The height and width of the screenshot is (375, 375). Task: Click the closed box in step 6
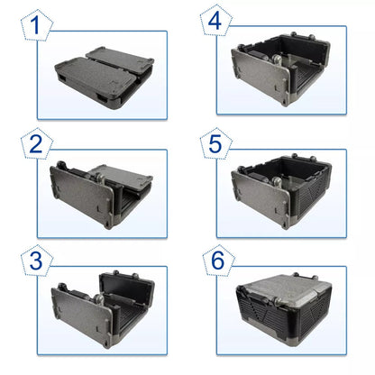coord(290,306)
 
